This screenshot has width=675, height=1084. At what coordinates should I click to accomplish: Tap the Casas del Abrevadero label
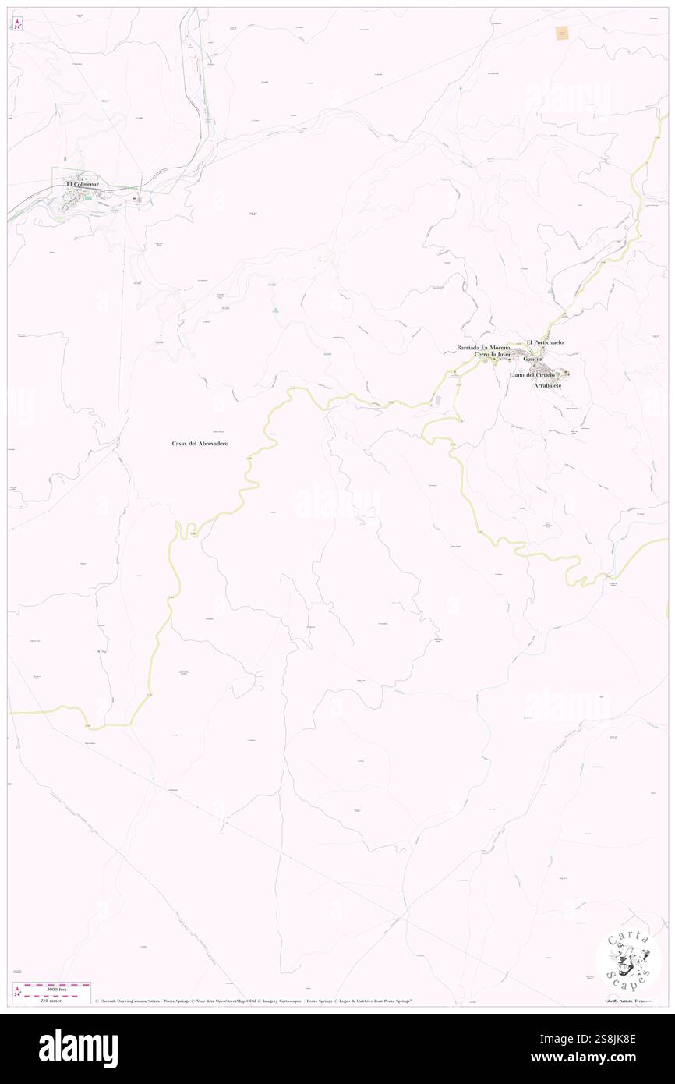pyautogui.click(x=205, y=443)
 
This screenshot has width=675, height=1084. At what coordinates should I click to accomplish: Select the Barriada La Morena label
pyautogui.click(x=483, y=347)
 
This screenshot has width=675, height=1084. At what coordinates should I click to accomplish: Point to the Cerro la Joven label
pyautogui.click(x=493, y=355)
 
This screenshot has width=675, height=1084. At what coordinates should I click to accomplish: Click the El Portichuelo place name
pyautogui.click(x=545, y=342)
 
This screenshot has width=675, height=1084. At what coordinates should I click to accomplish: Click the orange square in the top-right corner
pyautogui.click(x=561, y=33)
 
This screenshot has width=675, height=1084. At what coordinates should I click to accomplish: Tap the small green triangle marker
pyautogui.click(x=275, y=312)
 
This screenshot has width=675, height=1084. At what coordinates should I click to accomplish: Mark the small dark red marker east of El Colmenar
pyautogui.click(x=136, y=199)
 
